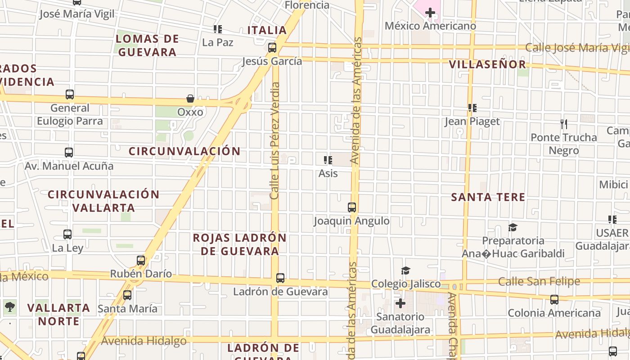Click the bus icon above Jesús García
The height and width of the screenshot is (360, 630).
click(272, 48)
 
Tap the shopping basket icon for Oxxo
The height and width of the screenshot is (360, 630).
click(190, 99)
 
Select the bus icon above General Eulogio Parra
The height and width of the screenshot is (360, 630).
click(70, 94)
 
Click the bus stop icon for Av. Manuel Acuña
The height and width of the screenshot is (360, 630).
click(69, 153)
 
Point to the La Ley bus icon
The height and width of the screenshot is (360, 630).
click(67, 234)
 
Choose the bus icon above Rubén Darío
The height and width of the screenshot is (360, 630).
click(141, 260)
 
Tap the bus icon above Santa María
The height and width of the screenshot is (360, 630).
click(127, 295)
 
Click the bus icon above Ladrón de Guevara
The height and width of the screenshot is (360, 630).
click(280, 278)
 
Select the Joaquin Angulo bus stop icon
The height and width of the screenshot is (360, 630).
click(352, 207)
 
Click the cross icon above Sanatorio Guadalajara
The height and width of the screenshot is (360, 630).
click(400, 303)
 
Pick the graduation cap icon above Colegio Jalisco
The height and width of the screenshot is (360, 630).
click(406, 270)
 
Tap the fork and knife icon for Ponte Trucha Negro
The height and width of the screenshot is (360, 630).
click(563, 124)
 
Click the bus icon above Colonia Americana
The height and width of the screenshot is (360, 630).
click(554, 299)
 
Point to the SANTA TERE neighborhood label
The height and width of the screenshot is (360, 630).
click(488, 197)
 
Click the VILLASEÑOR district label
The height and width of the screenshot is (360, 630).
click(487, 64)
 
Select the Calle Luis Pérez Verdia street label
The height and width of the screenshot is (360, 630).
click(275, 140)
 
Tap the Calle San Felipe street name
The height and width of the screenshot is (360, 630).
click(539, 282)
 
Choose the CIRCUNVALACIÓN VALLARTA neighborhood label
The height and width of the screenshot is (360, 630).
click(103, 201)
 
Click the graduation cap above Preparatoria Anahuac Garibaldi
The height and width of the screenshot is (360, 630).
click(513, 227)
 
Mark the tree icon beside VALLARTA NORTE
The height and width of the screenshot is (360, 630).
click(10, 307)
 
